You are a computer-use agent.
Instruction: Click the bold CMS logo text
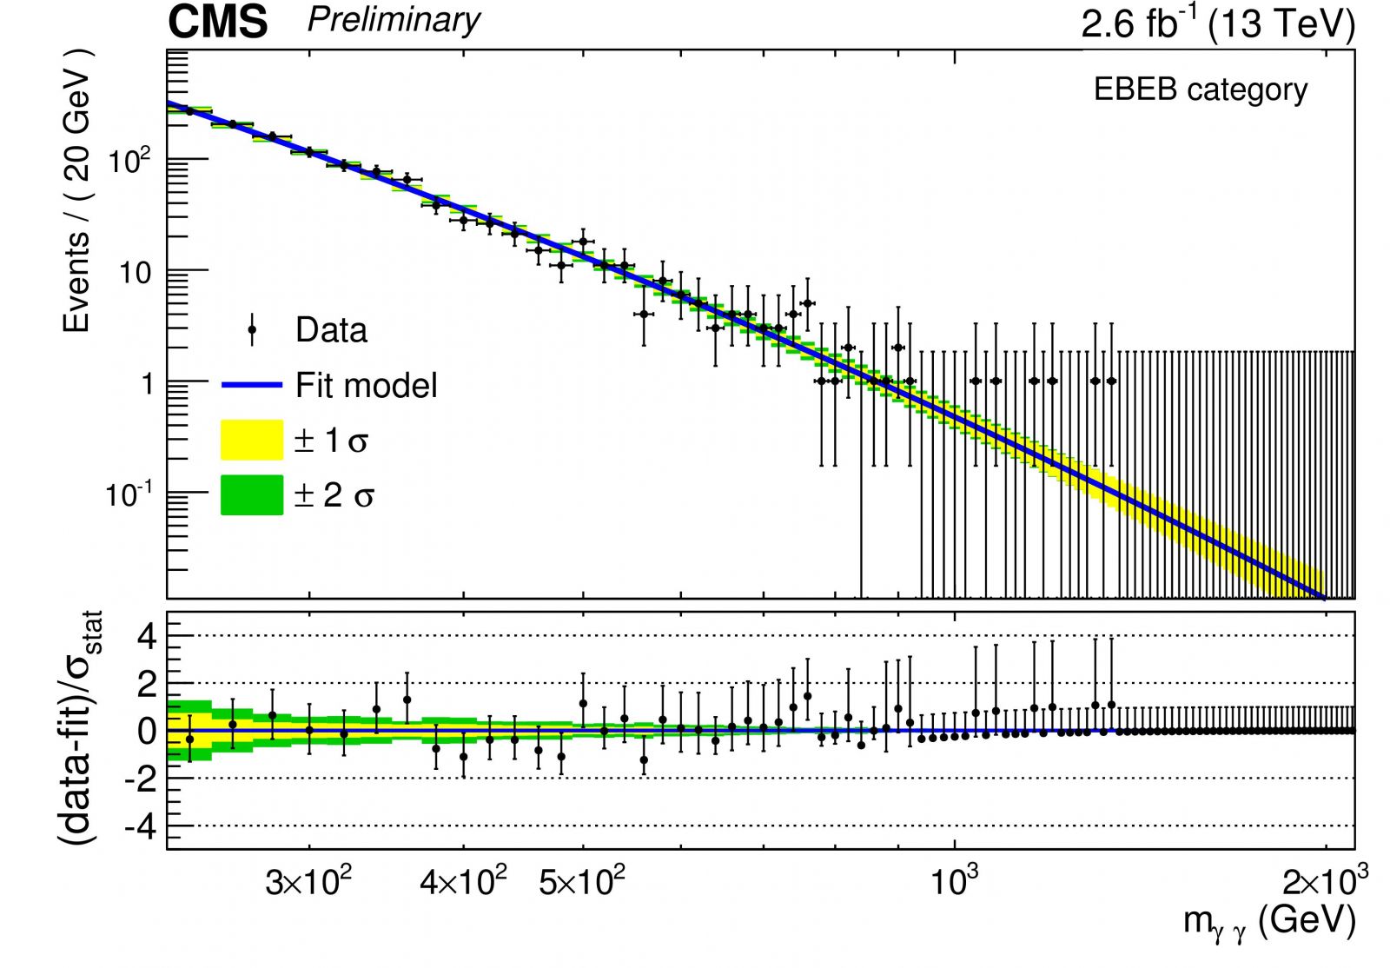[218, 22]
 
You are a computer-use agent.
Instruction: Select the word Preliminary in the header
[394, 20]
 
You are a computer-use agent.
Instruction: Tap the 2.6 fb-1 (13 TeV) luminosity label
[1218, 23]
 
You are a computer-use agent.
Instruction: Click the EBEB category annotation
[1200, 90]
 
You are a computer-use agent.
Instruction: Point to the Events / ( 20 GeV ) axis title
[78, 190]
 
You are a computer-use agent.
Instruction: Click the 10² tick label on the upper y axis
[129, 161]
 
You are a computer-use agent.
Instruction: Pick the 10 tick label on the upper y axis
[136, 273]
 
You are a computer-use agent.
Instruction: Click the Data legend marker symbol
[252, 329]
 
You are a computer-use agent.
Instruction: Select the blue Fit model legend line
[252, 385]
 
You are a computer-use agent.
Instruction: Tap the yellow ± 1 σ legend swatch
[252, 440]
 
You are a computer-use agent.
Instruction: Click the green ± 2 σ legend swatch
[252, 494]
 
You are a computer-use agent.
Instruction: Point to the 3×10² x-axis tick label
[308, 881]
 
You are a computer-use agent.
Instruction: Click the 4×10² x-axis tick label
[464, 881]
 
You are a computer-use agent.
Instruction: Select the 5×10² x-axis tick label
[582, 881]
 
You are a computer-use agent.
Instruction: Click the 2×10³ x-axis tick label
[1326, 881]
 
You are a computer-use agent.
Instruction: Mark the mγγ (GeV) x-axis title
[1269, 922]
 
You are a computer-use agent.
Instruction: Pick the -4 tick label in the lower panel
[141, 828]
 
